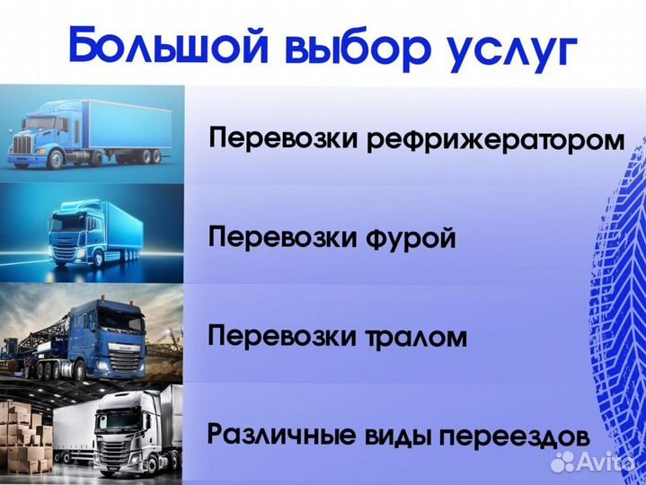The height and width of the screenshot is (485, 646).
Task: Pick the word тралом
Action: pos(413,338)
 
